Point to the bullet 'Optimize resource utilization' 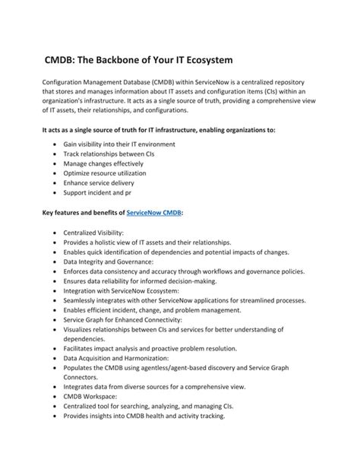point(110,174)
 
